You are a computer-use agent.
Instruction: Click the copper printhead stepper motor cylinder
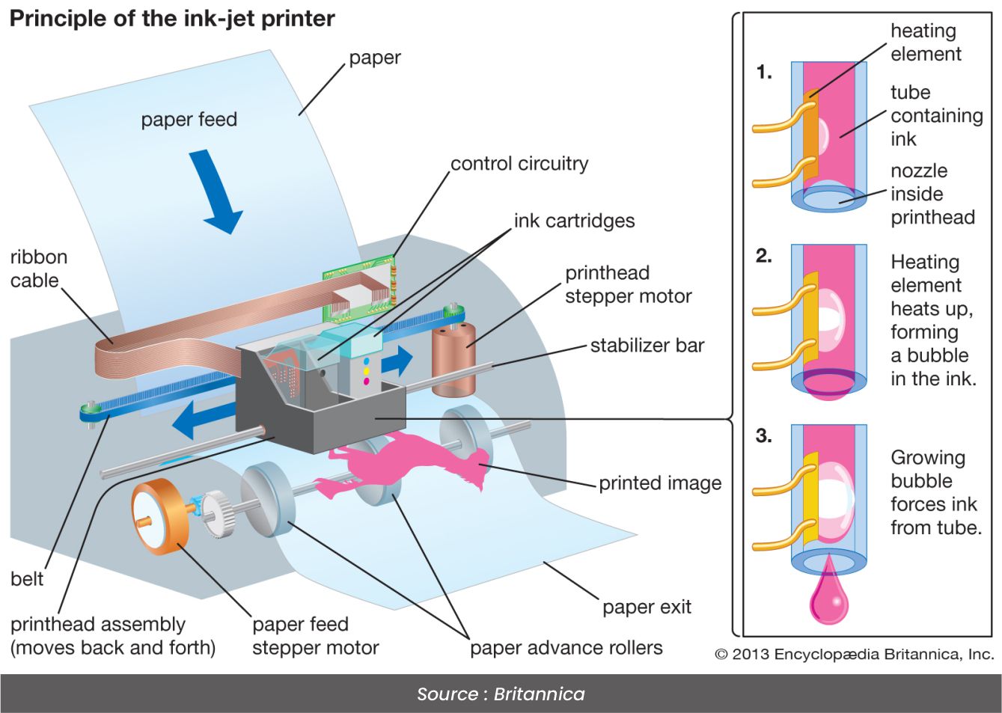(453, 359)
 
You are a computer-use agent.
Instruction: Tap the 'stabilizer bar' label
(647, 346)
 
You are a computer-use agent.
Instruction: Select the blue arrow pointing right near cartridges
(397, 361)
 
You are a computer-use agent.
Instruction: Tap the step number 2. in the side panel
(763, 256)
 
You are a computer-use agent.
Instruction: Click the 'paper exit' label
(647, 607)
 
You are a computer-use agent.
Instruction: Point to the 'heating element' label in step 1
(925, 42)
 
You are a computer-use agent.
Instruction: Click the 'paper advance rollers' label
(566, 647)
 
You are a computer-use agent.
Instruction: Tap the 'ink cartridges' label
(574, 221)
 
